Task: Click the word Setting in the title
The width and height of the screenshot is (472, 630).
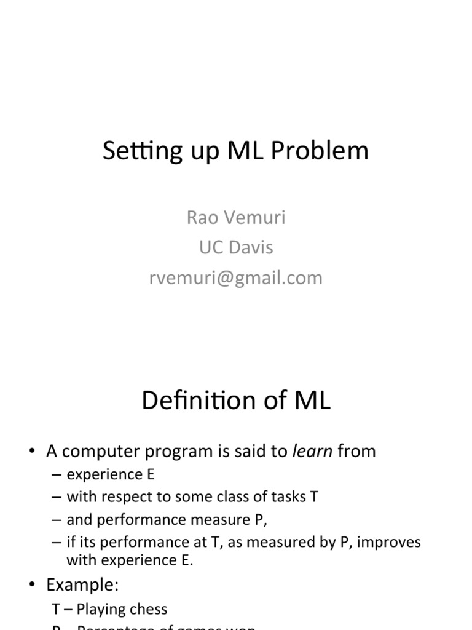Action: pos(133,151)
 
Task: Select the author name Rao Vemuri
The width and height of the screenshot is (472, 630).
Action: pos(236,218)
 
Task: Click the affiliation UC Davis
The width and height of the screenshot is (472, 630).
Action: pos(236,247)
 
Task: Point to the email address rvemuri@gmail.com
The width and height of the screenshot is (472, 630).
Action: pos(236,277)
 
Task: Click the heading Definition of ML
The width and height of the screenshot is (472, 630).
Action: pos(236,401)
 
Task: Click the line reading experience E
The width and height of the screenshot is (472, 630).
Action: pos(111,474)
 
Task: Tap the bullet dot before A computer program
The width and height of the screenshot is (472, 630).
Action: pos(32,452)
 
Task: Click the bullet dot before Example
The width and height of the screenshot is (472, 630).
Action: pos(32,584)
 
